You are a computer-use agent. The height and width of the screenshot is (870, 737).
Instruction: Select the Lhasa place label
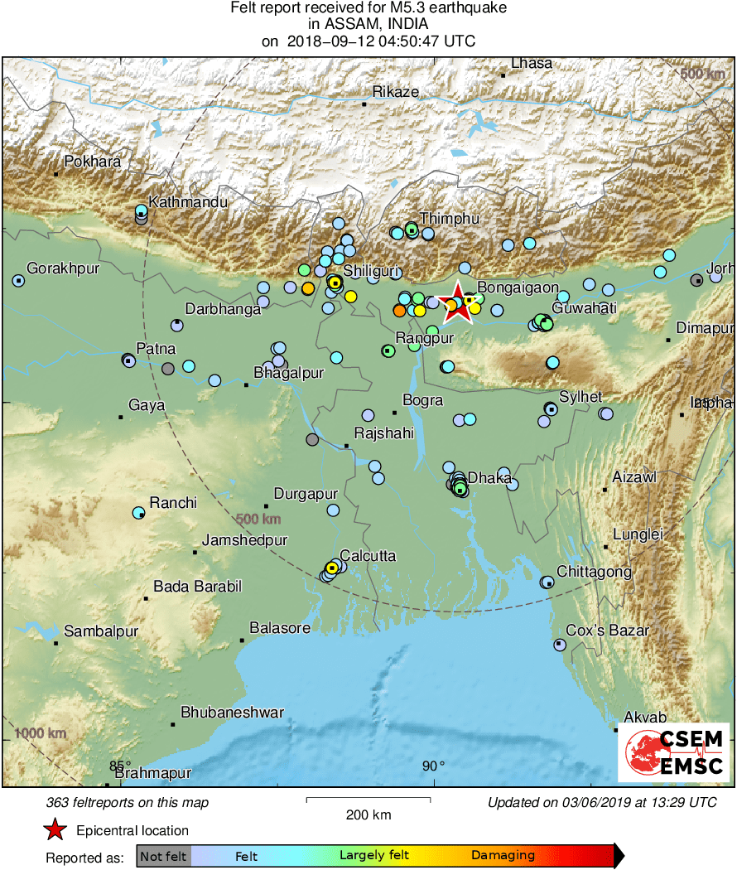tap(531, 63)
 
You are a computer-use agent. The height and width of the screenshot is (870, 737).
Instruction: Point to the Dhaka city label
tap(489, 477)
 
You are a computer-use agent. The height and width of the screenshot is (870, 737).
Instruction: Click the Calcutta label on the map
tap(368, 555)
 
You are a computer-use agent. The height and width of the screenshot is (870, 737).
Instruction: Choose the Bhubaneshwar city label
tap(232, 712)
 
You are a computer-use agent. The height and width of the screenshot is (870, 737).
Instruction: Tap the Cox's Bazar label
tap(607, 631)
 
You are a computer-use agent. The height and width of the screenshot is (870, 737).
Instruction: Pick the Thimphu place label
tap(449, 218)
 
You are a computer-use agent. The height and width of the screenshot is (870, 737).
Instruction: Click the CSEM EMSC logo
tap(674, 752)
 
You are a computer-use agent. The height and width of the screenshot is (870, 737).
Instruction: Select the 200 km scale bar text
tap(368, 814)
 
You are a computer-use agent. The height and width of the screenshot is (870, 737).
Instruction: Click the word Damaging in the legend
tap(503, 855)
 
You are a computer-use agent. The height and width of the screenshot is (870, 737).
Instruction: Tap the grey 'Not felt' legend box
tap(163, 855)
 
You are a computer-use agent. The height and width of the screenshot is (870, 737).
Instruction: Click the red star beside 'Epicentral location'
tap(55, 829)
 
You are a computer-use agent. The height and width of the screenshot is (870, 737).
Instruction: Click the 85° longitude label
tap(120, 766)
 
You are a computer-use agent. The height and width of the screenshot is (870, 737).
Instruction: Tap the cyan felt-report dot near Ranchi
tap(139, 513)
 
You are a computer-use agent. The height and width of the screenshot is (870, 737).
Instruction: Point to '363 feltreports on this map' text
tap(128, 802)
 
